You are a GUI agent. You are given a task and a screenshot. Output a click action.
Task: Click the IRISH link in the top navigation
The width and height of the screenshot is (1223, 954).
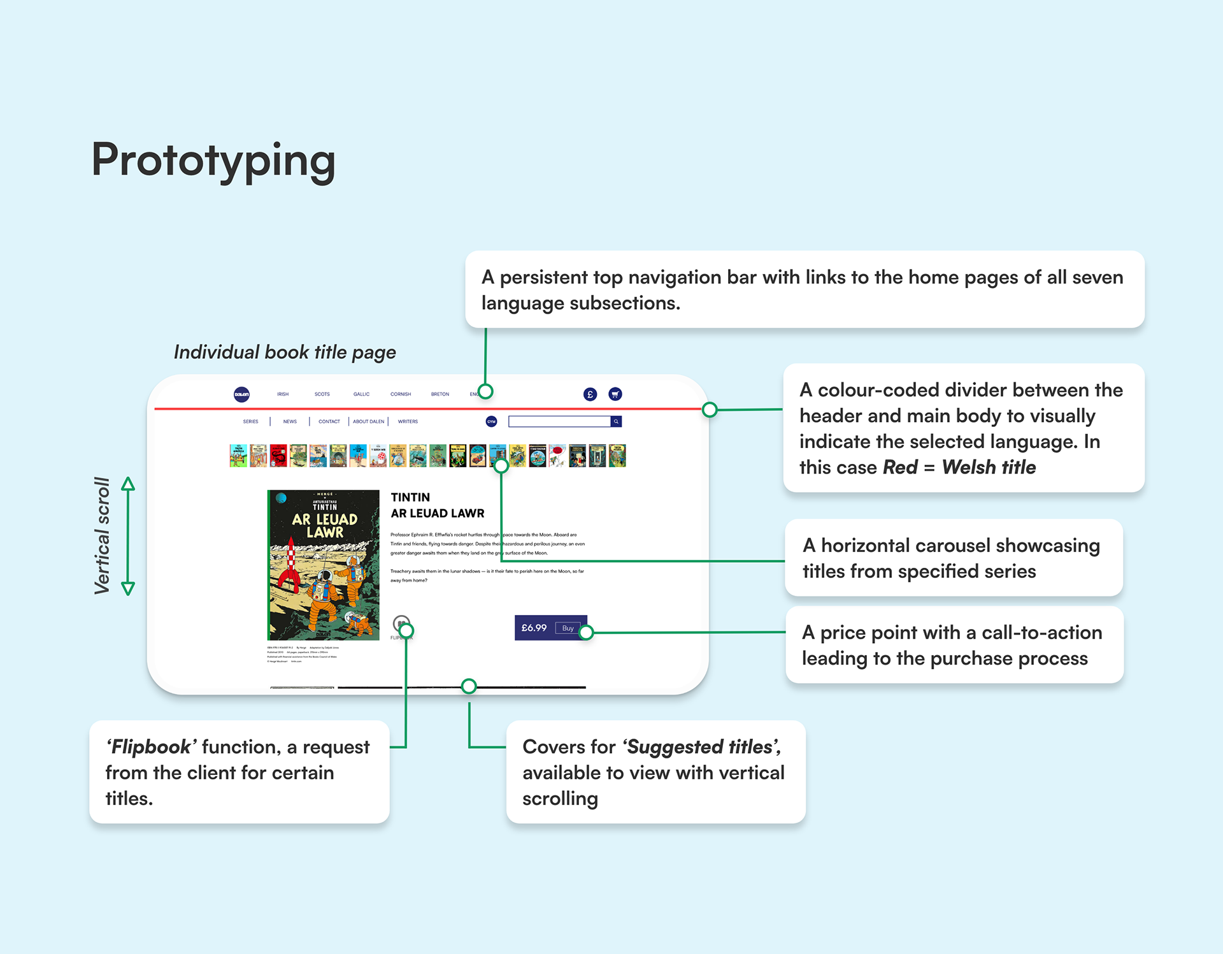283,394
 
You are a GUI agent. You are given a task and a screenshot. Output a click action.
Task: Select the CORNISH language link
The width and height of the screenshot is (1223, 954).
401,394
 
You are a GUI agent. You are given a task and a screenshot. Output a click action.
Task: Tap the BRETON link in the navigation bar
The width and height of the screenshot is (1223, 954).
440,394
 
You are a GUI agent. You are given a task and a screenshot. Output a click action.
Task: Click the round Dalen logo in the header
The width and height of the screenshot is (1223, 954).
241,394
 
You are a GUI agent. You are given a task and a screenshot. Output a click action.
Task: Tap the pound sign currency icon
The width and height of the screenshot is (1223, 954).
590,394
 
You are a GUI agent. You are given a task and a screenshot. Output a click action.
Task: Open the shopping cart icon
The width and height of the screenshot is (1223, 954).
615,394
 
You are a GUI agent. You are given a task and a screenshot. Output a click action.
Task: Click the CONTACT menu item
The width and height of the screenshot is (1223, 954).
329,422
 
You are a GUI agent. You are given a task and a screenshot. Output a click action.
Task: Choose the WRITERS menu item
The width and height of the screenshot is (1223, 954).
408,422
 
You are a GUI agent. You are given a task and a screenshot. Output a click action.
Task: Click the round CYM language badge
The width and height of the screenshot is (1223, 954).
492,422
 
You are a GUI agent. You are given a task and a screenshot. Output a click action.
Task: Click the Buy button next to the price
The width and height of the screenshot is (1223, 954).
568,628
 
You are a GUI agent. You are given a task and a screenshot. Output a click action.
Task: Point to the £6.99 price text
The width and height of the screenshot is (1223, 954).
534,628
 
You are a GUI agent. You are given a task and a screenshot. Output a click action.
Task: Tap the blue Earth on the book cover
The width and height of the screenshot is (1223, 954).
282,498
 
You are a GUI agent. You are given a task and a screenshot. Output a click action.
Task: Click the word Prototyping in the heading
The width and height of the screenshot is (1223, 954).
213,160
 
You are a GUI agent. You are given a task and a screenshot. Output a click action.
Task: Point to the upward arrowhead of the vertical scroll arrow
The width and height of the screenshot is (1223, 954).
128,484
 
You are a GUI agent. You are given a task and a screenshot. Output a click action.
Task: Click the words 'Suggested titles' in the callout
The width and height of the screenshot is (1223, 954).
701,747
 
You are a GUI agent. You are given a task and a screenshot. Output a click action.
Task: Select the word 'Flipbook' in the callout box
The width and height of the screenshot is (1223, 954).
151,747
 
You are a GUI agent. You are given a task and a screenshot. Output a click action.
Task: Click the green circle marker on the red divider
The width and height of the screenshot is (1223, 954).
710,410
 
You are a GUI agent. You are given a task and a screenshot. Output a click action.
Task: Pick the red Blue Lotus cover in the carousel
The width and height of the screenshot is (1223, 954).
278,456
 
